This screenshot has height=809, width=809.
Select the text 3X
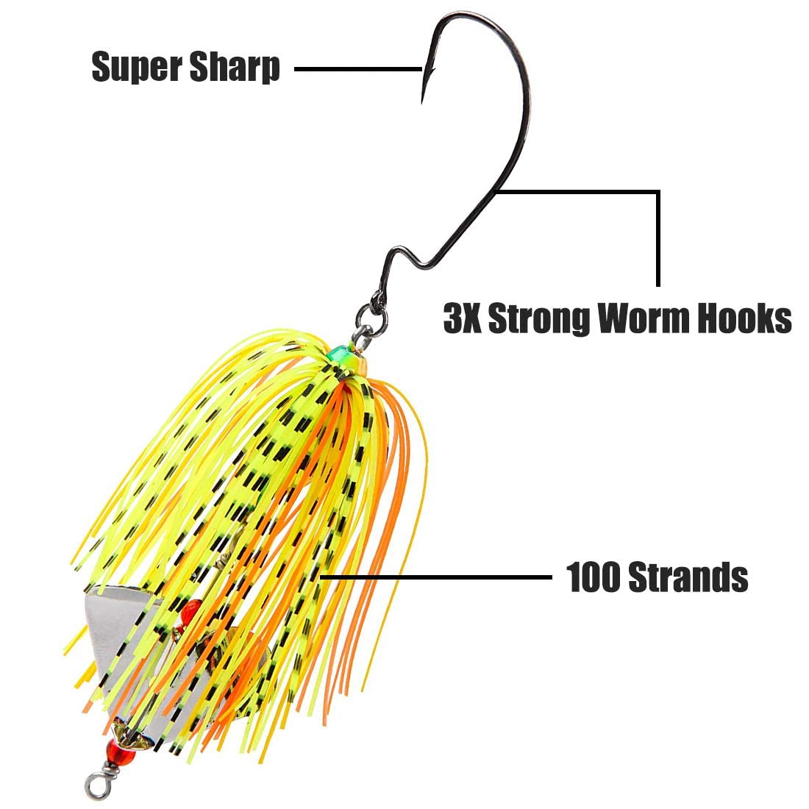[462, 318]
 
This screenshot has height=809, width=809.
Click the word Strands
[688, 577]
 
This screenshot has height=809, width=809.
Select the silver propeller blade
[121, 618]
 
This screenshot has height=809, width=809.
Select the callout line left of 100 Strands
[441, 577]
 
